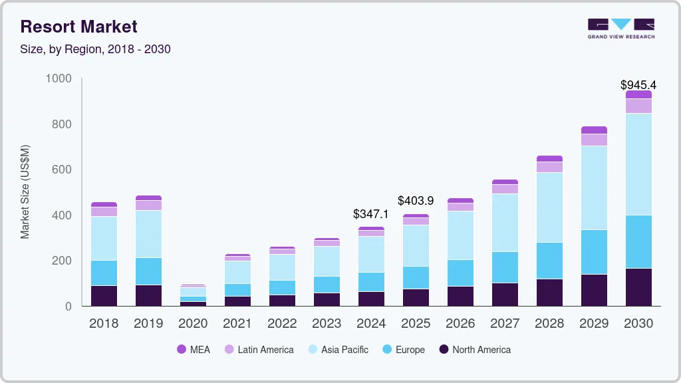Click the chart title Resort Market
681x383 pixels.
click(x=79, y=27)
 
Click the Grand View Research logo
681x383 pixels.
click(x=620, y=28)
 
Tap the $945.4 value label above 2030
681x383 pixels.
click(x=638, y=85)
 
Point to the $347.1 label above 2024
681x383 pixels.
click(x=371, y=214)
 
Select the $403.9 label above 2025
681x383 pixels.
click(x=416, y=200)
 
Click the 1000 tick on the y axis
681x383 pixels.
click(x=58, y=78)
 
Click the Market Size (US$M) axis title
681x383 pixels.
click(x=25, y=191)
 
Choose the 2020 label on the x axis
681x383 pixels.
click(x=193, y=324)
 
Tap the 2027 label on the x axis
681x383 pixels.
click(x=505, y=324)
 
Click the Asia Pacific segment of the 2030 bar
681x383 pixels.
click(x=638, y=164)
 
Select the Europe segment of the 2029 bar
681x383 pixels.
click(x=593, y=252)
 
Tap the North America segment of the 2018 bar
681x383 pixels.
click(x=104, y=296)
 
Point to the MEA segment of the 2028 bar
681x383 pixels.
click(x=549, y=159)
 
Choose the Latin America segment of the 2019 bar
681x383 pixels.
click(x=148, y=205)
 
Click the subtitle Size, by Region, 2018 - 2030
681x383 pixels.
click(x=96, y=49)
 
